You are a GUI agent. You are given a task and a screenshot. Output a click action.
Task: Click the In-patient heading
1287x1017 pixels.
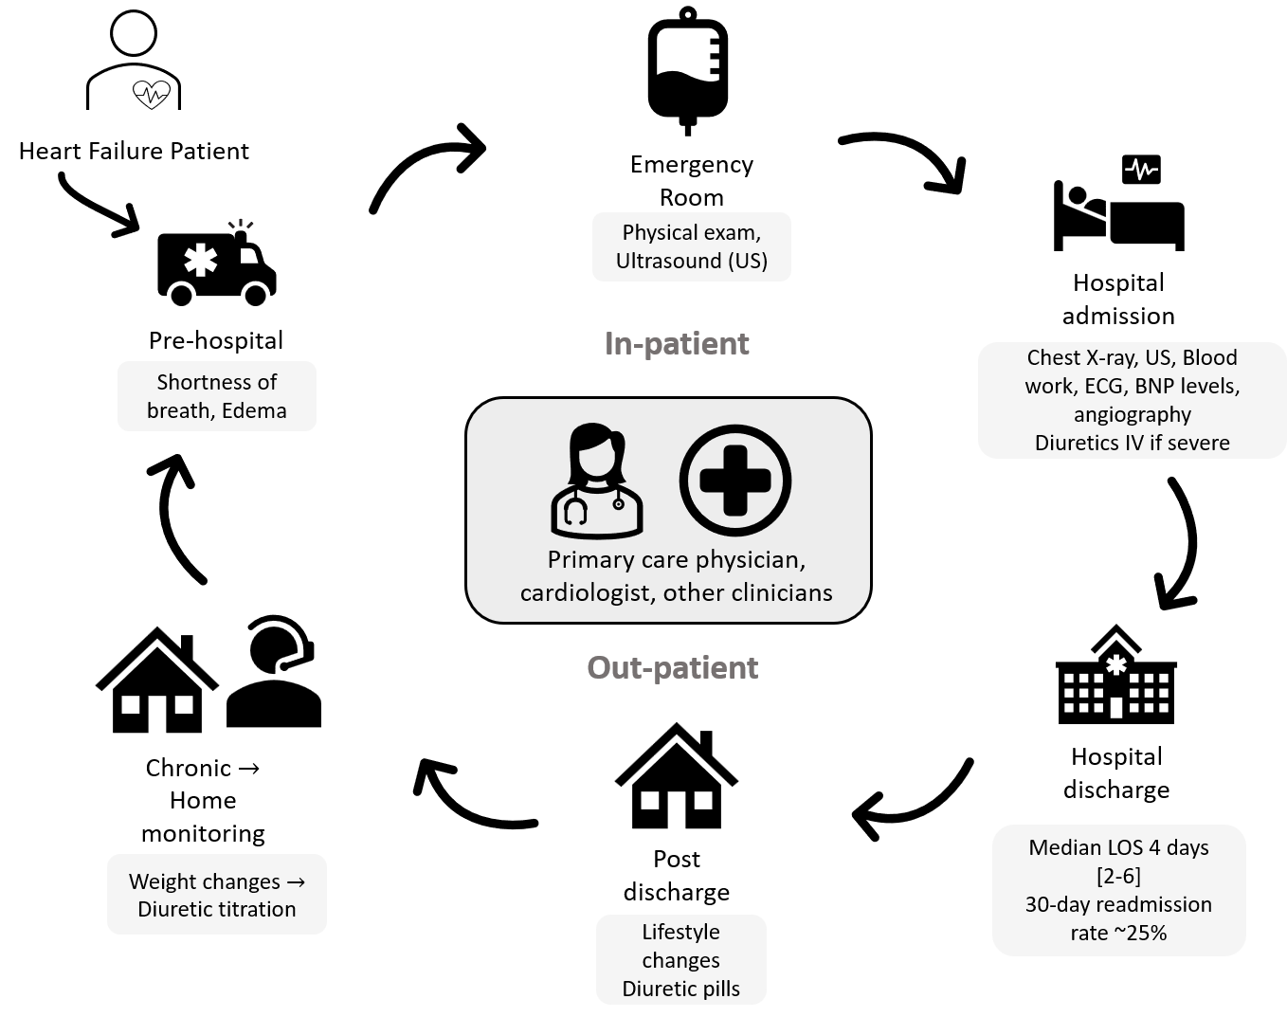[677, 343]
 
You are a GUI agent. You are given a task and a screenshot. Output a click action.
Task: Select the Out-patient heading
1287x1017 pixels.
[672, 668]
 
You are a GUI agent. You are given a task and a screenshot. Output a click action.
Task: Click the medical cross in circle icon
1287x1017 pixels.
[735, 481]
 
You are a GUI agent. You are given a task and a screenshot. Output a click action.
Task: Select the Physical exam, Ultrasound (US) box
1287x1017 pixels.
[691, 246]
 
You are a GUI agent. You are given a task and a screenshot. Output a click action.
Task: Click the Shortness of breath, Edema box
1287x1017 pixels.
[216, 396]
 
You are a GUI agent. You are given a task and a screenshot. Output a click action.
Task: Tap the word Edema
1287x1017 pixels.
[254, 411]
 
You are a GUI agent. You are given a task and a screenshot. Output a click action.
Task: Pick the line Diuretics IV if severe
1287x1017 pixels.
[1132, 443]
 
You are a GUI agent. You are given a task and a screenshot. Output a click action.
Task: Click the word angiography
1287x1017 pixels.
[1132, 414]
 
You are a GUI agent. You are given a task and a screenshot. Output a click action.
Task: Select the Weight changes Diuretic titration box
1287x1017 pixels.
[216, 895]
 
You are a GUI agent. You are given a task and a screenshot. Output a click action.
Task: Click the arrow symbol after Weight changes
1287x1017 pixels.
[295, 882]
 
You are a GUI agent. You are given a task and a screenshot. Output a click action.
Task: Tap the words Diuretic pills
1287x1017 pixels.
[680, 989]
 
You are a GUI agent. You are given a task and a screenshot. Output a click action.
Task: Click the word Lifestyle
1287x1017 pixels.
[680, 932]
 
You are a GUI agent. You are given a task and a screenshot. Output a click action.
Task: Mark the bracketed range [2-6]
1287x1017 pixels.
[1118, 876]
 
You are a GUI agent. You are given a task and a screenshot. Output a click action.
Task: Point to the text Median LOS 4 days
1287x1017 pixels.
[1118, 847]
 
